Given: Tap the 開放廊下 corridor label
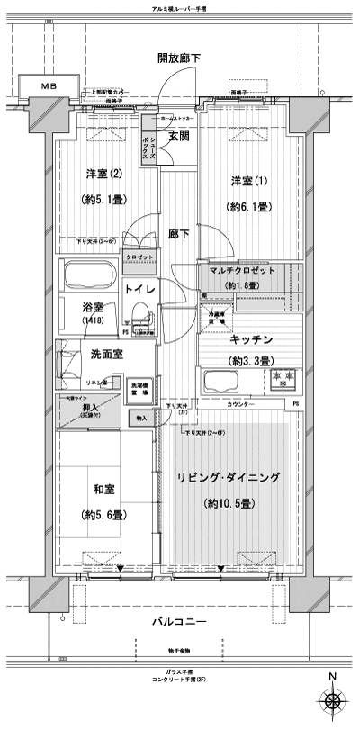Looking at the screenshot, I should pos(181,58).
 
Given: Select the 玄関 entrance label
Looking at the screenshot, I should pos(178,138).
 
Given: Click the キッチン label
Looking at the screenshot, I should pos(239,340).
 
